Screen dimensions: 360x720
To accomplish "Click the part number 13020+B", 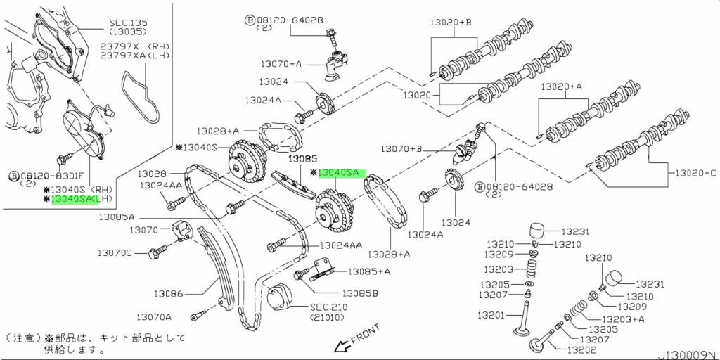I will tap(451, 23).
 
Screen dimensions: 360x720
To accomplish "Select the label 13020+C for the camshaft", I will tap(695, 172).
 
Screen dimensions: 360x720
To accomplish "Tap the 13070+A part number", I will tap(281, 64).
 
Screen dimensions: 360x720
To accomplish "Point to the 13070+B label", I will tap(401, 149).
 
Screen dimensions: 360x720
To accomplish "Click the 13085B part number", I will tap(360, 293).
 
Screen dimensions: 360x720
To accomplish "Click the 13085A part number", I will tap(116, 217).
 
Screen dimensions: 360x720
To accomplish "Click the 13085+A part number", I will tap(368, 271).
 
